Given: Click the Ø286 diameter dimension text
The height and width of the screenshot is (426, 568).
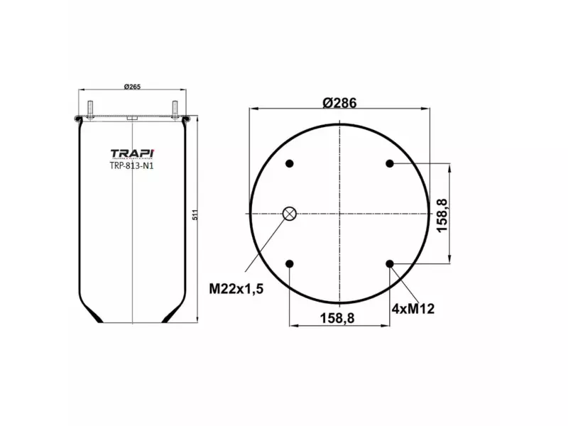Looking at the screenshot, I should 339,102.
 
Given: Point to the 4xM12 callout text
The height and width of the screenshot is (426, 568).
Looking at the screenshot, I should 413,308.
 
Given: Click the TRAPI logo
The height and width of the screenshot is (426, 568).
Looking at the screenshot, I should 132,153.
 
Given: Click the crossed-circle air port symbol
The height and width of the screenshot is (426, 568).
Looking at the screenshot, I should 290,214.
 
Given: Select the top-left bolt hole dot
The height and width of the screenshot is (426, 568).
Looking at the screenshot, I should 290,164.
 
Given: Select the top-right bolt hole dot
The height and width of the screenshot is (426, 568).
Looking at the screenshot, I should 390,164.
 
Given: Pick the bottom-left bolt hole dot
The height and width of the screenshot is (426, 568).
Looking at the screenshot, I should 290,264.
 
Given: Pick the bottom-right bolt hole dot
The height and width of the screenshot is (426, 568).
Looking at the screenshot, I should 390,264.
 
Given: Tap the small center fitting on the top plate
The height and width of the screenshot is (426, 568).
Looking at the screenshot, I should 132,117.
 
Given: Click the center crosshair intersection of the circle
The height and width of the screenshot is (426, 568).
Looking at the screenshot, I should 339,214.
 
